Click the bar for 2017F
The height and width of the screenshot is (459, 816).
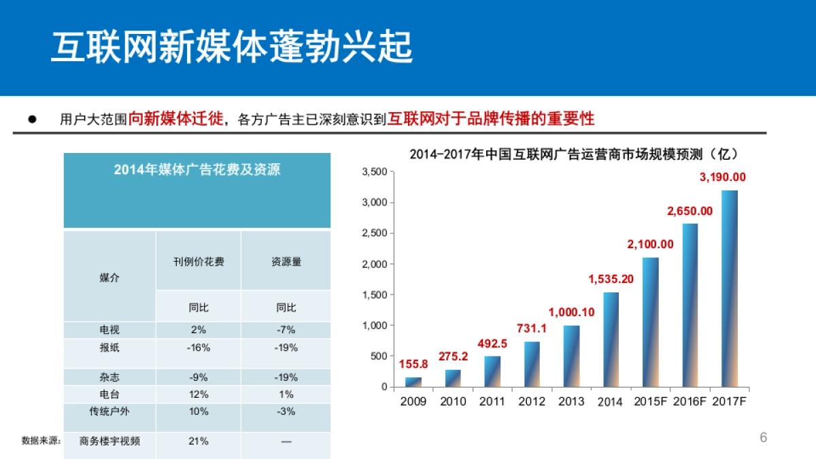tap(729, 289)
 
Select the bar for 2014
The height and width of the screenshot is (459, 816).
tap(611, 340)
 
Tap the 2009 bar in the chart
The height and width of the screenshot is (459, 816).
tap(413, 382)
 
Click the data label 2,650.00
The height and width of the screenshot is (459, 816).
tap(690, 211)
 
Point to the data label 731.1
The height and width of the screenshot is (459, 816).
tap(532, 328)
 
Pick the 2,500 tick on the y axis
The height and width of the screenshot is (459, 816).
tap(374, 233)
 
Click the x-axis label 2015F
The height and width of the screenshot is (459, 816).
tap(650, 401)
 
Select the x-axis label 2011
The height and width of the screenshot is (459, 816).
tap(492, 401)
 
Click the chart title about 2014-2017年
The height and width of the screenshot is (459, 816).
tap(573, 154)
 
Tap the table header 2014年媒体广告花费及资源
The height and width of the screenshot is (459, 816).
tap(197, 170)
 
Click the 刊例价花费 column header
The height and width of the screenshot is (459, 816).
tap(199, 262)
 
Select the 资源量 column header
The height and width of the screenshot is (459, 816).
tap(286, 262)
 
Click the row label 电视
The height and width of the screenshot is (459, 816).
tap(109, 330)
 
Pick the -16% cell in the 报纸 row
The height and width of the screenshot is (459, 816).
tap(199, 347)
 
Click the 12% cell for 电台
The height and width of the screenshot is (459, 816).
tap(199, 394)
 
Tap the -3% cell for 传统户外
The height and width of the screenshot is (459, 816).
tap(286, 411)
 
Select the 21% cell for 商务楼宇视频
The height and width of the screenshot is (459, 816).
tap(199, 441)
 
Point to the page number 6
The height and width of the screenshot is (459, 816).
tap(763, 437)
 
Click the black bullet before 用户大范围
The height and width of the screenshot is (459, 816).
tap(32, 119)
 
